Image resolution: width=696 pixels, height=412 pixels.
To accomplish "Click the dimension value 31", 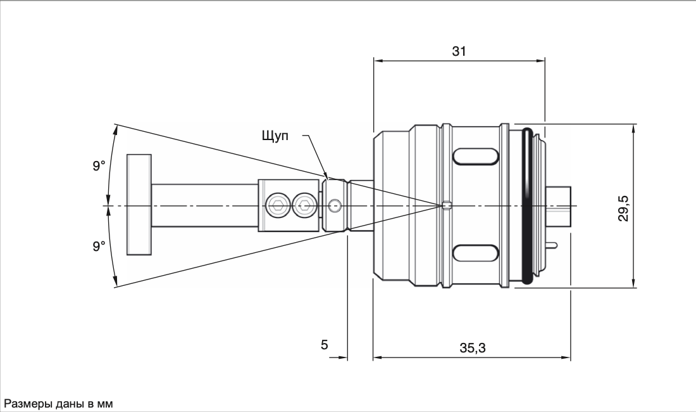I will (459, 51).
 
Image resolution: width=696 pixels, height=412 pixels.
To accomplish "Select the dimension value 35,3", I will (472, 348).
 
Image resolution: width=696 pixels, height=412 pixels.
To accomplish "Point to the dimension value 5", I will (325, 345).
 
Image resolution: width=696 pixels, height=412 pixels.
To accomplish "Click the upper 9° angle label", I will (99, 166).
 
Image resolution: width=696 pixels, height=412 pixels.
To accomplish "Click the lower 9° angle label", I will (99, 246).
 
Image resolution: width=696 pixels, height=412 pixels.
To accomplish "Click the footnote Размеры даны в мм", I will (59, 403).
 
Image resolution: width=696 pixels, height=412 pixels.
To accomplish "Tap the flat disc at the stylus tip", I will (139, 205).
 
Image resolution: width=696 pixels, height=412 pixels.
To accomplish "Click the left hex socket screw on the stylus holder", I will (277, 205).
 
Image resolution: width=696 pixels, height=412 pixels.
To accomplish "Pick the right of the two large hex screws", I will (304, 205).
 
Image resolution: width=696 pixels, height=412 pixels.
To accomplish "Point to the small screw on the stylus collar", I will (336, 205).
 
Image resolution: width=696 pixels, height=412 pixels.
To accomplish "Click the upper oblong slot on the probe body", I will (475, 157).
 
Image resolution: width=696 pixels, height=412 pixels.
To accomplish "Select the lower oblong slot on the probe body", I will (475, 252).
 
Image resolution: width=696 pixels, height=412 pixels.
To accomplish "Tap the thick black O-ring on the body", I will (527, 206).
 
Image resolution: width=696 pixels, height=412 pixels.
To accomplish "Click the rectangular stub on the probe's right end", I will (559, 205).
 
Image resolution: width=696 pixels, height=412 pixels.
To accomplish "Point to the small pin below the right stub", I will (552, 245).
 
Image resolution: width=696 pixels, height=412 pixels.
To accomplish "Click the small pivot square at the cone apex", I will (447, 205).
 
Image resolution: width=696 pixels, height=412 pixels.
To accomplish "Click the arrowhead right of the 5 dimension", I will (343, 357).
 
